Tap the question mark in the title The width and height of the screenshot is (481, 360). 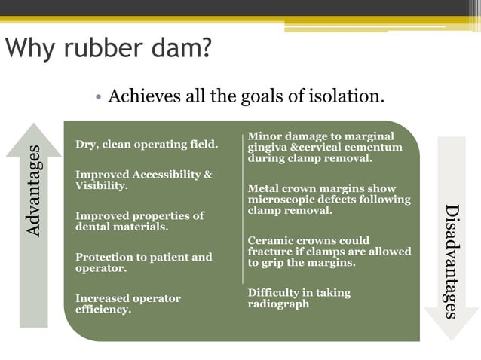204,50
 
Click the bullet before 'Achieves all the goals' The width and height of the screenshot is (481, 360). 98,97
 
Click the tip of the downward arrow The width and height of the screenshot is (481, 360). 452,338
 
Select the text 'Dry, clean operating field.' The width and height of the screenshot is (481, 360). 146,144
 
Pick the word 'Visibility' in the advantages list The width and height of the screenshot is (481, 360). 100,185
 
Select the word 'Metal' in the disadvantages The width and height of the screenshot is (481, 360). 264,189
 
